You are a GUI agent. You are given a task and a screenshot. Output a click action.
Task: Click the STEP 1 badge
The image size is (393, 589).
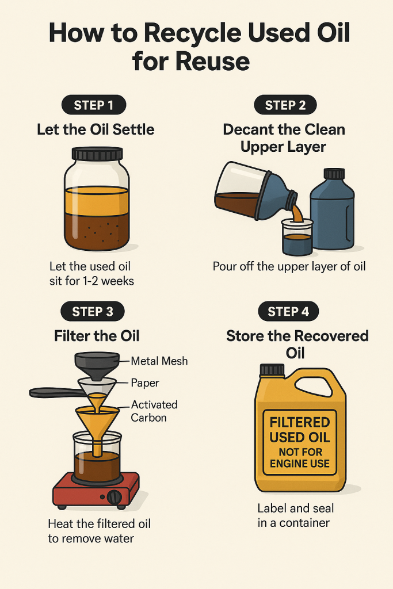tap(94, 105)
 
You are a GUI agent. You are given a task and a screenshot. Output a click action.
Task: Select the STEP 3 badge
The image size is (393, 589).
tap(93, 312)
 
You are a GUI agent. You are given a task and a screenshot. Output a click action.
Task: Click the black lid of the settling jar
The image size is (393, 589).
tap(97, 154)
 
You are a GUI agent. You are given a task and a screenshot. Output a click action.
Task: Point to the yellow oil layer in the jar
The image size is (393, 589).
tap(97, 201)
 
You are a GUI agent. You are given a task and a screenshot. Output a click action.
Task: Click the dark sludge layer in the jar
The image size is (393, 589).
tap(97, 232)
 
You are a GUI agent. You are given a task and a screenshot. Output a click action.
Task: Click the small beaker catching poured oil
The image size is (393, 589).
tap(297, 238)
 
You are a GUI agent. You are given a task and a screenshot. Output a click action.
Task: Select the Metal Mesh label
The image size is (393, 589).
tap(159, 361)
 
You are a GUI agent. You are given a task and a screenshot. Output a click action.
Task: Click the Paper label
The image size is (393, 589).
tap(145, 383)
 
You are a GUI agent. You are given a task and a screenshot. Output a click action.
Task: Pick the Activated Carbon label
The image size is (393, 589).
tap(154, 411)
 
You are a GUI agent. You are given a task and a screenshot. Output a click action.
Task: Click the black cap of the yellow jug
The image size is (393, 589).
tap(272, 370)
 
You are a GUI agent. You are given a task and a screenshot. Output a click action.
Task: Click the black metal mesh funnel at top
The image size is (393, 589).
tap(97, 362)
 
